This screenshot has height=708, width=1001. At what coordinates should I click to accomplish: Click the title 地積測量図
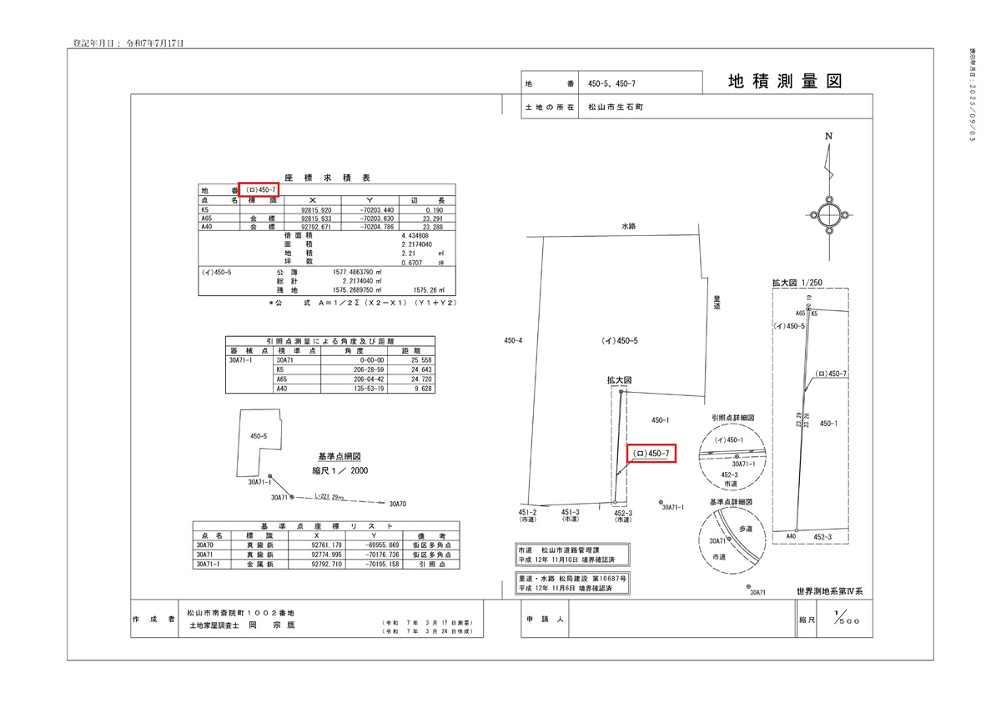[x=784, y=82]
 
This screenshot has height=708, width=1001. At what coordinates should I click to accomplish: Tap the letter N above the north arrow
[x=828, y=136]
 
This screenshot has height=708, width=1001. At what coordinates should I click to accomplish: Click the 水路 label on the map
[x=628, y=226]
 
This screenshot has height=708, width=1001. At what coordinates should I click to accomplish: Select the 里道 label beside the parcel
[x=716, y=302]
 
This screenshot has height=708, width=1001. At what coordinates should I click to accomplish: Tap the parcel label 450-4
[x=513, y=340]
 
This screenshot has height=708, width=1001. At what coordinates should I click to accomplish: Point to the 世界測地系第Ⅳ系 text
[x=829, y=590]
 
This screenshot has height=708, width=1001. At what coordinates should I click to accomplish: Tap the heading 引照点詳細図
[x=733, y=417]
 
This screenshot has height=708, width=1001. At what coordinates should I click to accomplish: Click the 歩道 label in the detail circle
[x=744, y=529]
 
